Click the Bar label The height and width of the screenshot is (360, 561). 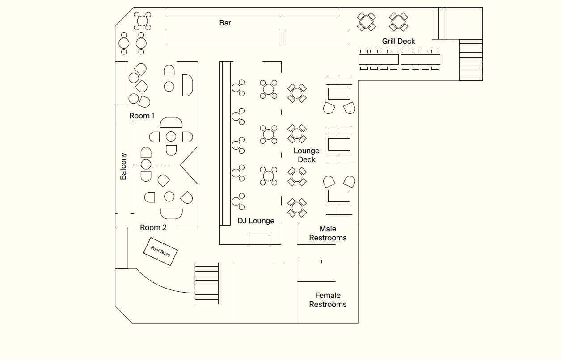225,23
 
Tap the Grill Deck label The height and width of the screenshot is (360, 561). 398,41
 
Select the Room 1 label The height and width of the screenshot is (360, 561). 142,116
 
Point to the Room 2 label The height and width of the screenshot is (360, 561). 153,227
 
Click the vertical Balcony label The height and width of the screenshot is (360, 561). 123,166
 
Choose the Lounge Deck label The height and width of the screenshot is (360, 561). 306,155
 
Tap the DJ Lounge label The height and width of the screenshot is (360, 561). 256,221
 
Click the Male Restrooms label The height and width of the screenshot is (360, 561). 328,233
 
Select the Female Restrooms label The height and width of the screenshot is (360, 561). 328,300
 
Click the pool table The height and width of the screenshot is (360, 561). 160,251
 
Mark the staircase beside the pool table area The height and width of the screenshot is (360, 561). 207,283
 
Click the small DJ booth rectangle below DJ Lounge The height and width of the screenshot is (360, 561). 259,240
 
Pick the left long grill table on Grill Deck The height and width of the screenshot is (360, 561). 379,59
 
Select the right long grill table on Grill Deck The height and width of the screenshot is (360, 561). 420,59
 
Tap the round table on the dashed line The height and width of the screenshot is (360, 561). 146,164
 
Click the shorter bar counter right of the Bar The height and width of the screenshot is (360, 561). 317,36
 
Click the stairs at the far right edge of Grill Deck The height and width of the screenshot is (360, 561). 471,60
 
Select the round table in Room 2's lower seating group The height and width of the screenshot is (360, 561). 169,197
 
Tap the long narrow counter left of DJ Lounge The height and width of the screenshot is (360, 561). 226,143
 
